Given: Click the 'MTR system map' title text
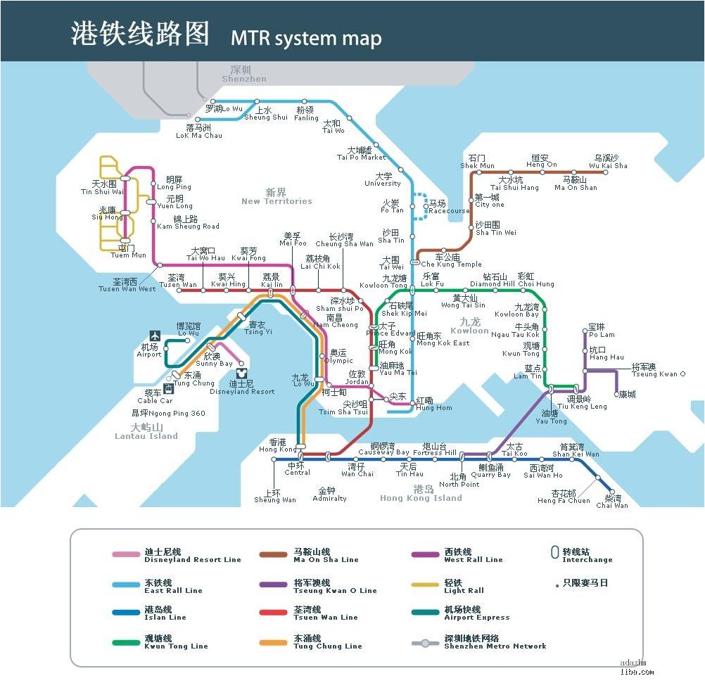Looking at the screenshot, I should tap(306, 38).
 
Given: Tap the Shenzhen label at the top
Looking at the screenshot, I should tap(243, 75).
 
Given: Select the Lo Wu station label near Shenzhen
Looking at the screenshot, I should tap(224, 109).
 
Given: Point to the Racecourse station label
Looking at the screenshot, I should tap(448, 208).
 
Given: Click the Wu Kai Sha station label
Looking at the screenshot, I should tap(609, 162).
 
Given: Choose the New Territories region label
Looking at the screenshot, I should tap(276, 197).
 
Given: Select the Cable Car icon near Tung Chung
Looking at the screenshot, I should tap(169, 388).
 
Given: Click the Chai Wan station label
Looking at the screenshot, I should tap(611, 501).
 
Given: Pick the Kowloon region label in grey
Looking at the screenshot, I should tap(469, 326).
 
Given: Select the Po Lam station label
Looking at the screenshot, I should tap(601, 331).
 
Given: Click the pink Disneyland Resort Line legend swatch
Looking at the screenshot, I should tap(126, 555).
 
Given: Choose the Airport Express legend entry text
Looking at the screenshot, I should tap(476, 613).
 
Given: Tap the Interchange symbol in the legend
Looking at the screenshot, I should tap(554, 553).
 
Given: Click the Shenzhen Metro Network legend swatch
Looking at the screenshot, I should tap(426, 643).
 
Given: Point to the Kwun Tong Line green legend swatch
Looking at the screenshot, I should tap(126, 642).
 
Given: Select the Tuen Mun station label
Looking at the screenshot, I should tap(129, 252).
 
